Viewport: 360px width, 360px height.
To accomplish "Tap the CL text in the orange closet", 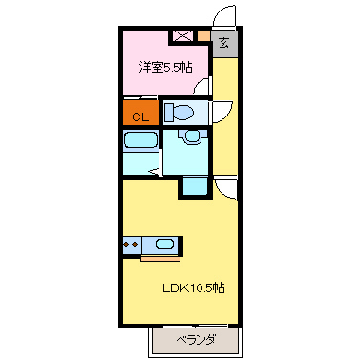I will (139, 116).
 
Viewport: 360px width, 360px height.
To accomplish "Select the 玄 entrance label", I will (223, 43).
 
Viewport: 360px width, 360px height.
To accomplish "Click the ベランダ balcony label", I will (195, 340).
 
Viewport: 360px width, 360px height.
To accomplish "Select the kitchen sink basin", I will (165, 244).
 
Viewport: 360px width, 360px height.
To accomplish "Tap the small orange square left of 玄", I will (202, 36).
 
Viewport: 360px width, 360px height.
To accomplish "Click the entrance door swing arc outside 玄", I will (223, 16).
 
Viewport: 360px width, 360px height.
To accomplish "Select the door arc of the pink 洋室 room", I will (201, 88).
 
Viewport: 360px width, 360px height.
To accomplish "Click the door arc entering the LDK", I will (225, 188).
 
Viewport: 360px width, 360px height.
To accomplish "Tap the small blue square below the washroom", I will (194, 185).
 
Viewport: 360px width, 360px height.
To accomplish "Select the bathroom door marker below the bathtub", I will (153, 172).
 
